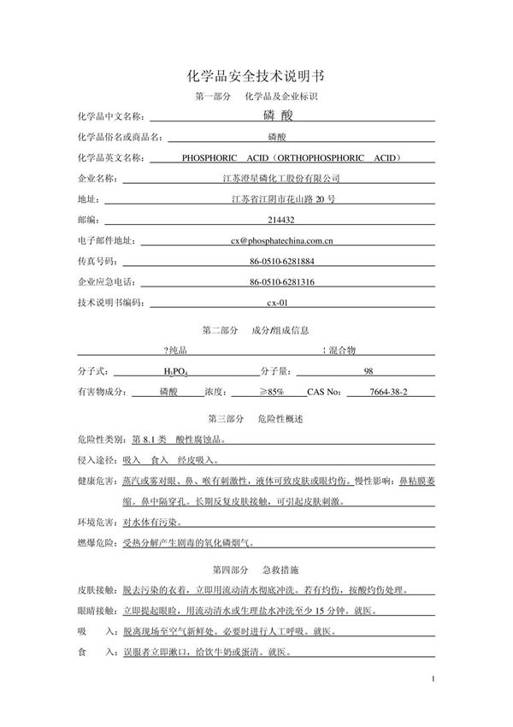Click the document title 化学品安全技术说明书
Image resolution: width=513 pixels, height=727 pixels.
pos(256,76)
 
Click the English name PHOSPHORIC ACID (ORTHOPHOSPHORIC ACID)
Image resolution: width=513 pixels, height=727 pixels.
pos(292,158)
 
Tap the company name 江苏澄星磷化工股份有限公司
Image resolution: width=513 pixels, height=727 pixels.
pos(280,179)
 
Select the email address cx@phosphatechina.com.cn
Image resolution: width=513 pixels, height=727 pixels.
pos(281,241)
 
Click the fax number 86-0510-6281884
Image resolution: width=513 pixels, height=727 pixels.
pos(282,262)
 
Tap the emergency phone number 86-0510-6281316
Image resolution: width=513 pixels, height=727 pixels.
pos(282,282)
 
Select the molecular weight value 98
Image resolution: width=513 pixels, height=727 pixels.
pos(369,371)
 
